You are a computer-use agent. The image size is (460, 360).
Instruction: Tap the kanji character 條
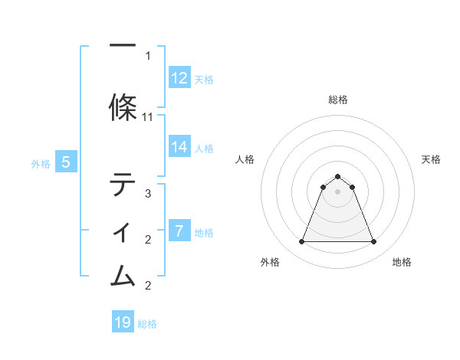click(123, 108)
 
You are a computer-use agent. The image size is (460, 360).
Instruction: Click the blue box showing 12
click(179, 78)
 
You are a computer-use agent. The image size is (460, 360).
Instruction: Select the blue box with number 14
click(179, 147)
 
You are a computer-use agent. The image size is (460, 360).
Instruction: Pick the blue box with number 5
click(66, 162)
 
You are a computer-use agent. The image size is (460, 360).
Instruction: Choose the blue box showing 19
click(123, 322)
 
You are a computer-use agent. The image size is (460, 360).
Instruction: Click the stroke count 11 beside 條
click(148, 117)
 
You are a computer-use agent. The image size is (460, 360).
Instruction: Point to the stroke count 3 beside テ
click(148, 194)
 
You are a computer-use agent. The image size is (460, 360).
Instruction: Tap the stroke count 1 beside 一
click(148, 56)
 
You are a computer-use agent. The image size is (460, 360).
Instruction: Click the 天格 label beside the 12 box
click(203, 79)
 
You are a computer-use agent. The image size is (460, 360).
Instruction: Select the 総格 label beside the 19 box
click(147, 324)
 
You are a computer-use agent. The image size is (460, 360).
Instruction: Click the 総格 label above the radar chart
click(338, 100)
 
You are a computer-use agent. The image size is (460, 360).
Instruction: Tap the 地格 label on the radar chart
click(402, 262)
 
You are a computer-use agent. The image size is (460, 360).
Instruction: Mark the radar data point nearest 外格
click(301, 242)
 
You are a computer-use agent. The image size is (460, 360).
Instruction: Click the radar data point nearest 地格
click(373, 242)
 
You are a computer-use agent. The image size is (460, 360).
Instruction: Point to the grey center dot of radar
click(337, 191)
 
